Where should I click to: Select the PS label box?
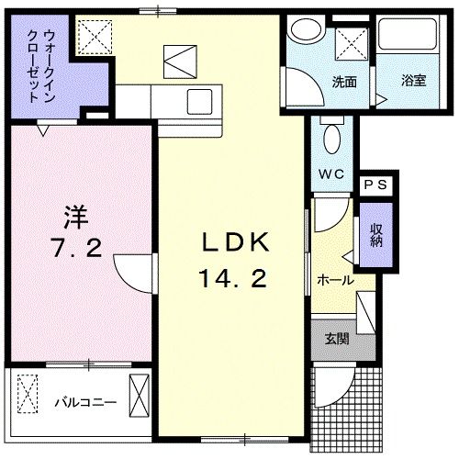point(376,185)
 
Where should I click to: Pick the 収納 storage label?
point(376,236)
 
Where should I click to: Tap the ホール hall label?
point(331,279)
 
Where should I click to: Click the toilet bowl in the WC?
point(332,139)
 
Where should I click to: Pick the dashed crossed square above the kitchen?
point(94,38)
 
